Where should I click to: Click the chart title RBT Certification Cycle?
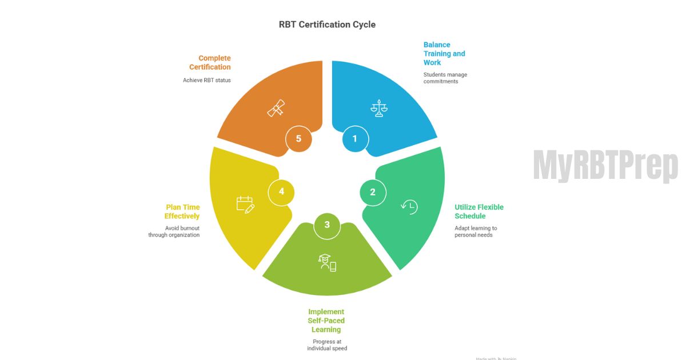click(x=327, y=25)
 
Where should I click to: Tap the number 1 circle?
click(x=355, y=139)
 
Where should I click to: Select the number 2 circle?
click(x=373, y=192)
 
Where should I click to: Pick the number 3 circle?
click(x=327, y=225)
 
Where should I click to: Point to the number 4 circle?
click(x=281, y=191)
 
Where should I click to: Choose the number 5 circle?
click(x=298, y=139)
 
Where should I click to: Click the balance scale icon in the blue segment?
click(x=378, y=108)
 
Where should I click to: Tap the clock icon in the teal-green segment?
click(x=409, y=207)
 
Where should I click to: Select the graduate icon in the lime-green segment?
click(x=327, y=262)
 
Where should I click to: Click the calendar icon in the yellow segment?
click(x=245, y=205)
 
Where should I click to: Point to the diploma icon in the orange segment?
click(x=276, y=108)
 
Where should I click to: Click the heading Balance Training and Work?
click(x=444, y=54)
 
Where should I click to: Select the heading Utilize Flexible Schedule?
click(x=478, y=211)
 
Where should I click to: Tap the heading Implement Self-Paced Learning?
click(x=326, y=321)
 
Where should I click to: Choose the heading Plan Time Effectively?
click(x=182, y=211)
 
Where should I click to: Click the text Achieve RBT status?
click(x=207, y=81)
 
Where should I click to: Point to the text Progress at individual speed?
click(x=326, y=345)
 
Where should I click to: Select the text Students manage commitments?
click(x=445, y=78)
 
